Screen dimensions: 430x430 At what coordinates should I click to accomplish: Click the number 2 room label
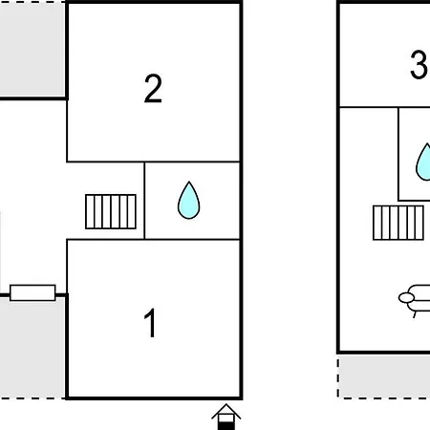point(153,89)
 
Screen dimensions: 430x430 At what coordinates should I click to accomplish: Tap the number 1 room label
point(150,322)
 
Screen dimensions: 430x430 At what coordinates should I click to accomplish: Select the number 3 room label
point(419,65)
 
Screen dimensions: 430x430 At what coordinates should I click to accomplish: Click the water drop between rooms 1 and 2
point(189,201)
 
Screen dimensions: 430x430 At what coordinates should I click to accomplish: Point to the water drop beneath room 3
point(423,162)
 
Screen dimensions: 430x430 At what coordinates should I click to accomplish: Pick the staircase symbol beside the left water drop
point(111,211)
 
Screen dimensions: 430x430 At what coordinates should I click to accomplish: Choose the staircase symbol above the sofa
point(398,223)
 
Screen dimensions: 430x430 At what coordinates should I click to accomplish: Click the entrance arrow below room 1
point(226,417)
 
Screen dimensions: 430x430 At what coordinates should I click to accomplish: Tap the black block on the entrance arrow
point(226,425)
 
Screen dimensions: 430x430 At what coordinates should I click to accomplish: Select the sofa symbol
point(415,300)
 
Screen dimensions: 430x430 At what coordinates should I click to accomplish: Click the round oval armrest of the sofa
point(406,298)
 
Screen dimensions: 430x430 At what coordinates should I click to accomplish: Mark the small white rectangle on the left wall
point(32,292)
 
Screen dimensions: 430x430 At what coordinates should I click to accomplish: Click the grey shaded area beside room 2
point(32,50)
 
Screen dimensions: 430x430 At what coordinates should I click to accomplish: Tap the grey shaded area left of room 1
point(32,347)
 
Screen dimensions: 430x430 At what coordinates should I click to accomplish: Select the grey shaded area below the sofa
point(384,376)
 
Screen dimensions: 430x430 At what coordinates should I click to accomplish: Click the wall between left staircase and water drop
point(144,201)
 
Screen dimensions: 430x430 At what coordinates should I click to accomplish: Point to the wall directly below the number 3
point(385,107)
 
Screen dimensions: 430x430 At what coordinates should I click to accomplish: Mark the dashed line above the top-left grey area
point(32,2)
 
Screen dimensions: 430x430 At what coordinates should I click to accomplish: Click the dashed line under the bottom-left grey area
point(32,398)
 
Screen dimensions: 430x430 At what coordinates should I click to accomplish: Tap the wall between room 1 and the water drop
point(192,239)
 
